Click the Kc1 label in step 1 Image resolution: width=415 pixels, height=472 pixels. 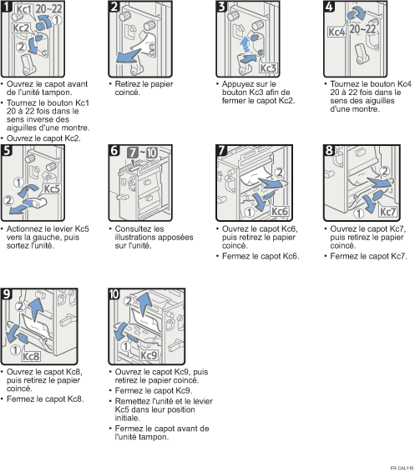[24, 9]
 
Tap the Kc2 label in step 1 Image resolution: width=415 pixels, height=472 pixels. [21, 28]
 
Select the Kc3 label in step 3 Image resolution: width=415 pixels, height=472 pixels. [268, 68]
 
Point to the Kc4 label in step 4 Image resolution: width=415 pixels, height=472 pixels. [337, 32]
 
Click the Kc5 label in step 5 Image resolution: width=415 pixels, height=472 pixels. [52, 189]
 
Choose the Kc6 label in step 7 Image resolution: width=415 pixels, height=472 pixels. [280, 211]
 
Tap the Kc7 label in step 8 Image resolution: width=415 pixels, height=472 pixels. [387, 212]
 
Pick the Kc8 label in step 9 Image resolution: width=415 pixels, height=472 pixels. [32, 356]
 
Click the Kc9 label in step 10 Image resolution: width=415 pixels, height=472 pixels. [149, 355]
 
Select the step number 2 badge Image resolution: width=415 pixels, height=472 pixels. [114, 7]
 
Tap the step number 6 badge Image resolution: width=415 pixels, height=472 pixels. [114, 150]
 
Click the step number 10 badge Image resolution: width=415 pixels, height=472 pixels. [114, 294]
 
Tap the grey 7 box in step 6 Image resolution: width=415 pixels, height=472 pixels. [133, 153]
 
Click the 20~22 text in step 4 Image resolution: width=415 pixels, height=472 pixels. [362, 29]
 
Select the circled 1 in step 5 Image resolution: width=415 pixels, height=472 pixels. [18, 183]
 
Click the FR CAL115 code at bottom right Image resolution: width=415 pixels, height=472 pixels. [402, 468]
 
